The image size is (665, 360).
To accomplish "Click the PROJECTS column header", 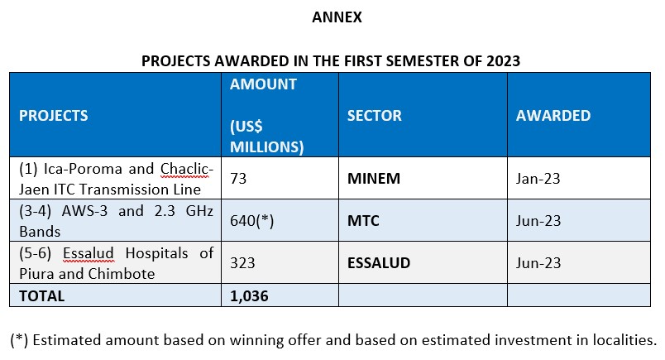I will pos(53,116).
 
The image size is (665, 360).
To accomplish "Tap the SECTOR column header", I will pos(374,116).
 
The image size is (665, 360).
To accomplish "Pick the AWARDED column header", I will pos(553,116).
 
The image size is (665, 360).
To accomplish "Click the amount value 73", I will pos(239,177).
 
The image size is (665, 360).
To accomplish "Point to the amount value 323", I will pos(242,263).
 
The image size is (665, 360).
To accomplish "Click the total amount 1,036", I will pos(249,295).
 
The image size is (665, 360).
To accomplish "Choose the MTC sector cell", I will pos(365,220).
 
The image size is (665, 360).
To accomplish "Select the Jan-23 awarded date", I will pos(538,177).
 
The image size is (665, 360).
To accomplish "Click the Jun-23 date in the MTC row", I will pos(538,220).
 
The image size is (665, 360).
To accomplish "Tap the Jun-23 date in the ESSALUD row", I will pos(538,263).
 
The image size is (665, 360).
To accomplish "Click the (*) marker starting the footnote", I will pos(18,339).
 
